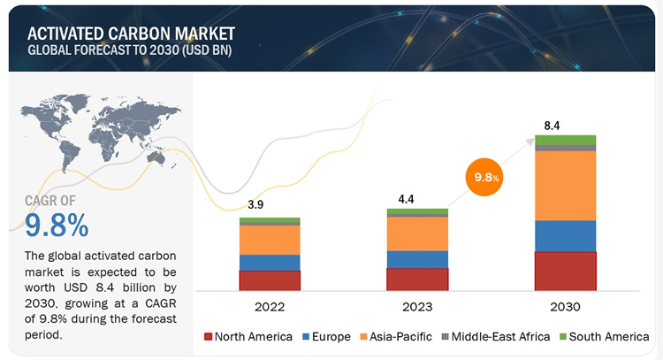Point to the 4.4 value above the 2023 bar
tap(406, 198)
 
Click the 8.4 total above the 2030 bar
tap(552, 126)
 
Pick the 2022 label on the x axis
tap(270, 307)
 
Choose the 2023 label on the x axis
tap(417, 307)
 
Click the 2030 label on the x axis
tap(565, 307)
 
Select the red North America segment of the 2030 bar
tap(565, 271)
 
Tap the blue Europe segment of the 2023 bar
tap(417, 259)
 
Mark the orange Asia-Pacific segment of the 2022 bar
tap(270, 239)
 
